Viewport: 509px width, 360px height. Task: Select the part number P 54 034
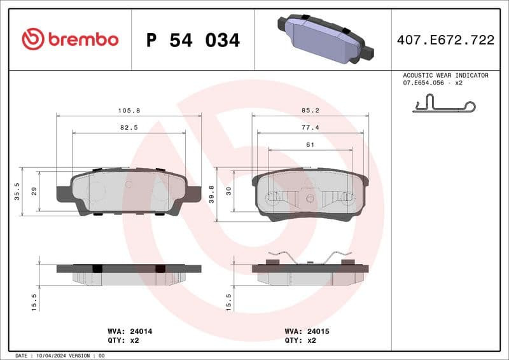[193, 40]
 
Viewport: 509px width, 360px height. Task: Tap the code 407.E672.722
[445, 40]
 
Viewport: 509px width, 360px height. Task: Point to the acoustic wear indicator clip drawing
[443, 104]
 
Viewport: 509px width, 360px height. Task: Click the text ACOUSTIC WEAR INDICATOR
[445, 75]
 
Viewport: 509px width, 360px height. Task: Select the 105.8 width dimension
[129, 110]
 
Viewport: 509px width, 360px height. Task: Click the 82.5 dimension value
[129, 127]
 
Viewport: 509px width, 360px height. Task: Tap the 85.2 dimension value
[310, 110]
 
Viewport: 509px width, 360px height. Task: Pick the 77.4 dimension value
[310, 127]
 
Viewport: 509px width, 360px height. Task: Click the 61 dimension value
[310, 145]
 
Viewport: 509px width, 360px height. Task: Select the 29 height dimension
[34, 191]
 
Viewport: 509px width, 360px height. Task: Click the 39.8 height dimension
[211, 193]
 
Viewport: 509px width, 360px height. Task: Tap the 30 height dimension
[229, 191]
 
